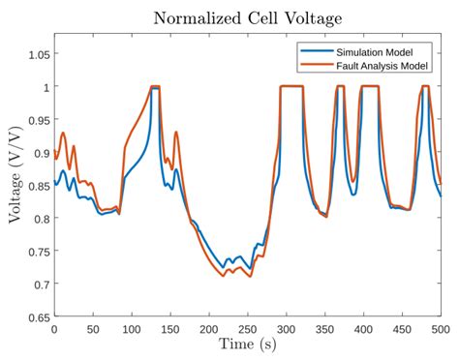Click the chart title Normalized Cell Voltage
point(247,17)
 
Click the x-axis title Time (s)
point(247,345)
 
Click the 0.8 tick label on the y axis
point(40,219)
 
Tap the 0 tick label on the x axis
point(54,329)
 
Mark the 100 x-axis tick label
point(132,329)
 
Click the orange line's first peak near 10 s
point(63,134)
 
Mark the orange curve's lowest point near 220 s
point(224,276)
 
